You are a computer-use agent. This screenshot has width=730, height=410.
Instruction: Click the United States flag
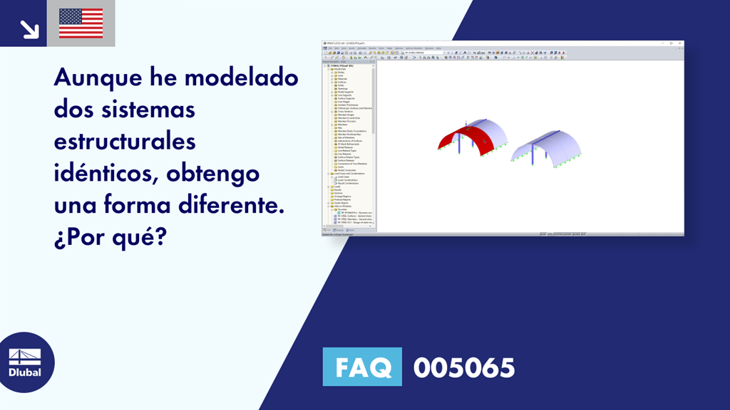(81, 23)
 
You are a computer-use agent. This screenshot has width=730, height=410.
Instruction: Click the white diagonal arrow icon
(29, 28)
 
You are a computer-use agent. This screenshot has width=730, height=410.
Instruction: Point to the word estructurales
(124, 141)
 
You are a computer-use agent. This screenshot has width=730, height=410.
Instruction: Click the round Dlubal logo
(26, 362)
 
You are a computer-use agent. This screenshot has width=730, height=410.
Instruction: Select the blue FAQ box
(363, 367)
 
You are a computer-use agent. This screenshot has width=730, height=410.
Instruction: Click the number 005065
(463, 367)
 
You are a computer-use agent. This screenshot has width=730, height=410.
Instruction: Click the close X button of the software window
(680, 43)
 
